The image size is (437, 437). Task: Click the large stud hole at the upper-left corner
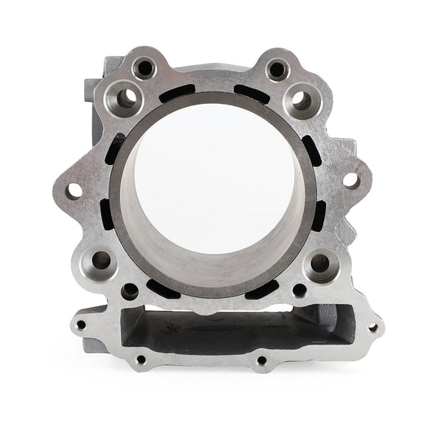(x=126, y=99)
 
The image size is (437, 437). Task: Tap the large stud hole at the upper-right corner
(x=301, y=100)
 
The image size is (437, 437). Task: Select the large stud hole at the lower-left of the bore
(x=102, y=261)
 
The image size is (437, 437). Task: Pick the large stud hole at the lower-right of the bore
(x=320, y=262)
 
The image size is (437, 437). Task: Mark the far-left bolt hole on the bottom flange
(x=80, y=324)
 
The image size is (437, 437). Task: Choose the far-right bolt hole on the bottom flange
(x=372, y=328)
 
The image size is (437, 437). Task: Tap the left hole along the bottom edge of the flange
(x=141, y=359)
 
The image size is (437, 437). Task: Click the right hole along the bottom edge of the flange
(x=261, y=359)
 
